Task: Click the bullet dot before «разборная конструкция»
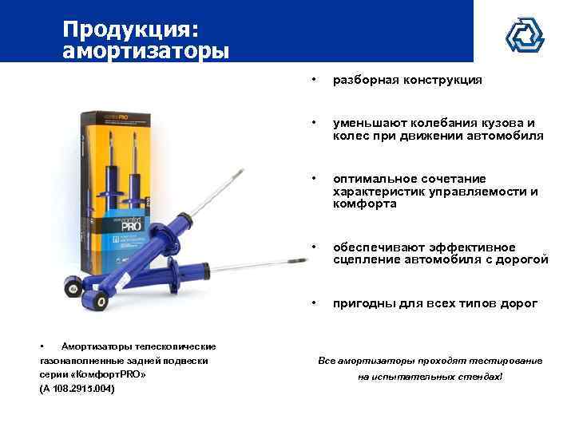pyautogui.click(x=315, y=80)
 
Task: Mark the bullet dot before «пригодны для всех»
pyautogui.click(x=315, y=303)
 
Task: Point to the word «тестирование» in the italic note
pyautogui.click(x=508, y=361)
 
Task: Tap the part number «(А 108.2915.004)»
pyautogui.click(x=77, y=389)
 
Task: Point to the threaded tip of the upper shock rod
pyautogui.click(x=240, y=169)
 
